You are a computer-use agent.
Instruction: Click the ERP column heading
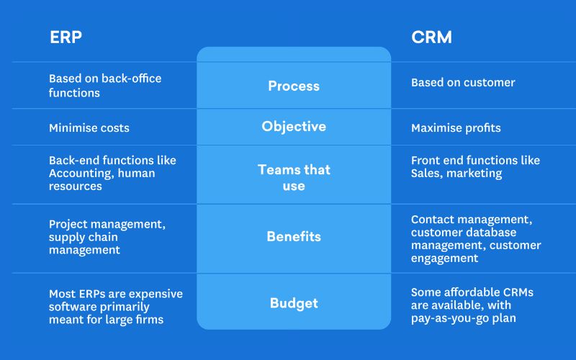click(x=66, y=37)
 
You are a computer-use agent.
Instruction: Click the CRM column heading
click(x=432, y=37)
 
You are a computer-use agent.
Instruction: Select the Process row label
click(x=294, y=86)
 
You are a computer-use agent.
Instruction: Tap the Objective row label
click(x=294, y=127)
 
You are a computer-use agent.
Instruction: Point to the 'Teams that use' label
click(x=294, y=177)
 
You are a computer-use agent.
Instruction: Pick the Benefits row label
click(x=294, y=236)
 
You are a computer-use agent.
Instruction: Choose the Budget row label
click(x=294, y=303)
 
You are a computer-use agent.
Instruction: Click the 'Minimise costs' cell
click(x=89, y=128)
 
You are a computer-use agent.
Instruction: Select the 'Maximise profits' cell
click(x=456, y=128)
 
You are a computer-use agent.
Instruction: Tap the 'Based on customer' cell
click(x=463, y=83)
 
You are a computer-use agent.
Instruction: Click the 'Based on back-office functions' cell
click(x=105, y=86)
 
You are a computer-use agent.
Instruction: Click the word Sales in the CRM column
click(x=426, y=174)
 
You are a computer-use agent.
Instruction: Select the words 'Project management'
click(x=107, y=224)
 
